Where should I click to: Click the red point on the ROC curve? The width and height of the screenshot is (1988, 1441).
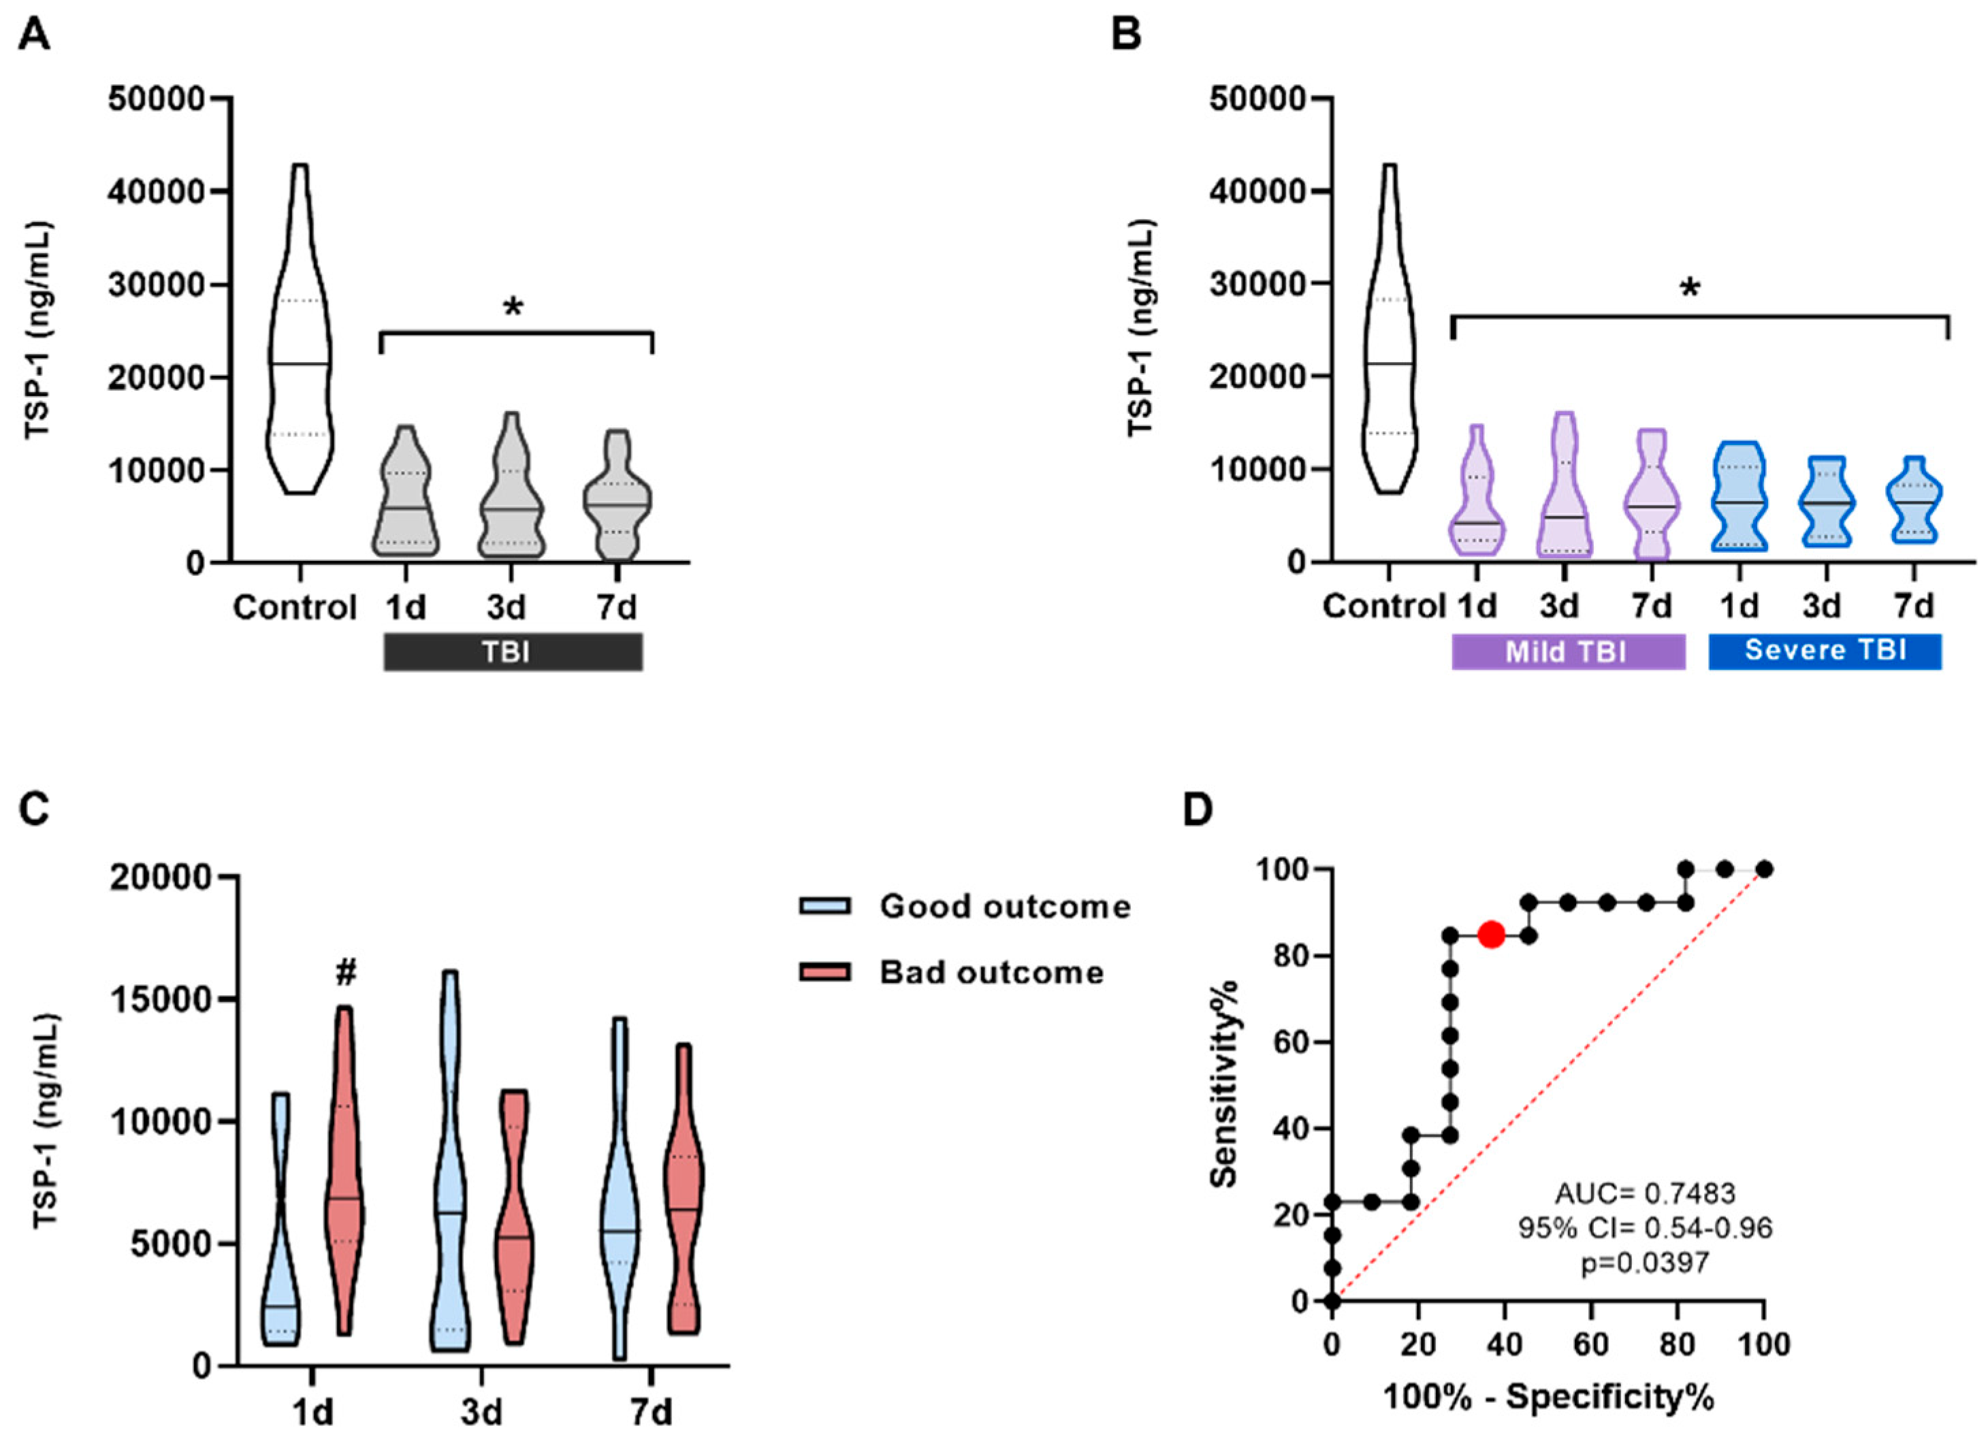(1491, 935)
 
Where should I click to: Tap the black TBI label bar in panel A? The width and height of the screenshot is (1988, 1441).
(513, 653)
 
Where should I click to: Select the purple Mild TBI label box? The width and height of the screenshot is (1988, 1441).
(1568, 652)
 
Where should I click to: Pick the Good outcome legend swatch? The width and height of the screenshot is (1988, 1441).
(825, 905)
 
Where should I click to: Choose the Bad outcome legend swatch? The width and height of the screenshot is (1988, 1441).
(825, 972)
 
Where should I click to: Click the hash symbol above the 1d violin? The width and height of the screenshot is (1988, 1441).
(347, 971)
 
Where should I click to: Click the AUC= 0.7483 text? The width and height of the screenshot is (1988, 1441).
(1646, 1193)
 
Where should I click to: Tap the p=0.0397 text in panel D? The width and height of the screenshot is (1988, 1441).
(1646, 1263)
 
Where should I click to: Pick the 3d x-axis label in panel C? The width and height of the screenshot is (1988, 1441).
(481, 1413)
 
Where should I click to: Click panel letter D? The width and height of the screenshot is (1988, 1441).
(1198, 811)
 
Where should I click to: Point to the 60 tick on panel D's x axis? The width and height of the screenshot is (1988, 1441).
(1592, 1344)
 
